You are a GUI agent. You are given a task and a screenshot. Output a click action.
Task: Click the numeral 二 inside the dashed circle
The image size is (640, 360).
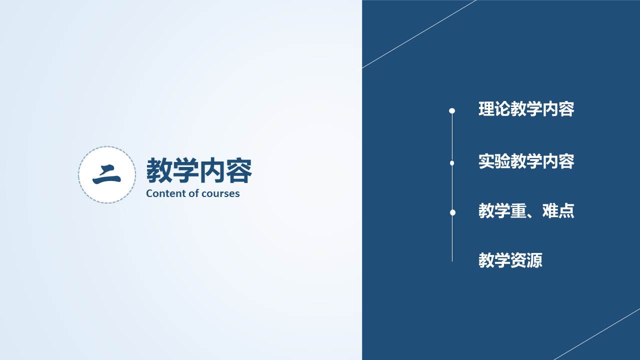(x=106, y=175)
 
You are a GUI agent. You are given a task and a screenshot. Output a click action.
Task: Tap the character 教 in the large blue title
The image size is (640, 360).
(x=159, y=170)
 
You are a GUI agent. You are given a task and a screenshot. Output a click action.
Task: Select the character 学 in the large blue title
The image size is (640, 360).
(x=185, y=170)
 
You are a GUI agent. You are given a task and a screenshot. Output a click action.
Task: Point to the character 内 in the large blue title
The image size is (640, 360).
(x=212, y=170)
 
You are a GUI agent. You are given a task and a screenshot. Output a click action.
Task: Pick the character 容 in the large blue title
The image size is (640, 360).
(x=239, y=170)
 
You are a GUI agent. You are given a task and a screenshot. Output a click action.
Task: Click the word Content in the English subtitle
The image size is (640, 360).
(x=167, y=193)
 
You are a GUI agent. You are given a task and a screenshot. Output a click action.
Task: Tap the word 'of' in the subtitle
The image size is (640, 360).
(x=195, y=193)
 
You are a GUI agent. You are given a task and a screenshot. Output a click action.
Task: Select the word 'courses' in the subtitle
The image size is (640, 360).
(x=221, y=193)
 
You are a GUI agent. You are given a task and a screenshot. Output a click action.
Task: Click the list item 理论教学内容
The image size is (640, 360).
(x=526, y=109)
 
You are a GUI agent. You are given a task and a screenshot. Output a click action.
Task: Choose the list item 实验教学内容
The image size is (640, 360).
(x=526, y=161)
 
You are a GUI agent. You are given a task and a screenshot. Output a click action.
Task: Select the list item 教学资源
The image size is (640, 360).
(x=510, y=260)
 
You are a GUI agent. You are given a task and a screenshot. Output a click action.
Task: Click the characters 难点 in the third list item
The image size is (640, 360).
(x=558, y=211)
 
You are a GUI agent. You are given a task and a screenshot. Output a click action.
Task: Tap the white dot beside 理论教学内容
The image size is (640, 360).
(x=452, y=110)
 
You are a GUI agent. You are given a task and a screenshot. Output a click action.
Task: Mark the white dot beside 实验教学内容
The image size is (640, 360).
(x=452, y=163)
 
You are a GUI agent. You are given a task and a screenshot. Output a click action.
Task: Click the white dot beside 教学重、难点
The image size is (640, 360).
(x=452, y=212)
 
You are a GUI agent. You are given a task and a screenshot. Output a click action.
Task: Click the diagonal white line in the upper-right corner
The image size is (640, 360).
(x=419, y=34)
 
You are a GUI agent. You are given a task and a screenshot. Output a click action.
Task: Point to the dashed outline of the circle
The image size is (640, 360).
(x=107, y=146)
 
